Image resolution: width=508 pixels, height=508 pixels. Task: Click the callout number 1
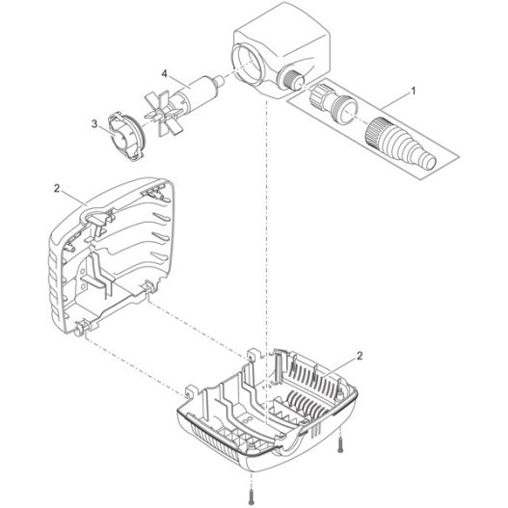pyautogui.click(x=413, y=91)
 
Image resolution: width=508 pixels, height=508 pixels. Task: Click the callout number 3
pyautogui.click(x=94, y=123)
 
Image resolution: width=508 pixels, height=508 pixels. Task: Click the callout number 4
pyautogui.click(x=165, y=74)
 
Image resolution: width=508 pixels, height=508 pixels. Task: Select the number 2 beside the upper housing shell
pyautogui.click(x=57, y=188)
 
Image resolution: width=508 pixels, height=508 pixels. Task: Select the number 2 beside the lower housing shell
pyautogui.click(x=360, y=356)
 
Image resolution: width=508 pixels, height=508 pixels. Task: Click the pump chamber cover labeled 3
pyautogui.click(x=126, y=136)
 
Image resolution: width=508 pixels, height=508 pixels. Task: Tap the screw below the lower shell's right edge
pyautogui.click(x=339, y=445)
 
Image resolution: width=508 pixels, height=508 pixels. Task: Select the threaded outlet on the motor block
pyautogui.click(x=292, y=78)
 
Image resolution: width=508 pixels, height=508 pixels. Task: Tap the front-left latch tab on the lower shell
pyautogui.click(x=190, y=392)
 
